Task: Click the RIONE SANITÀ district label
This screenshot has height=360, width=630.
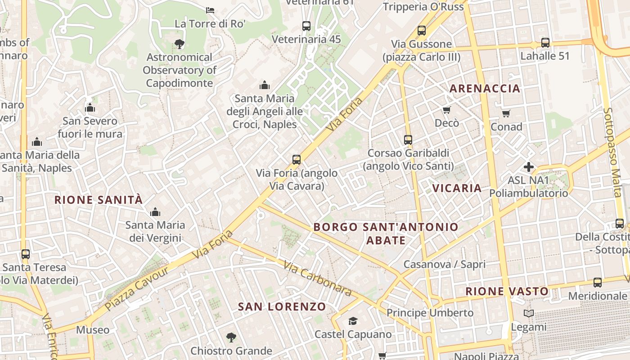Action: [x=98, y=200]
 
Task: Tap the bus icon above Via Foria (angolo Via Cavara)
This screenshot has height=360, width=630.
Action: [x=296, y=159]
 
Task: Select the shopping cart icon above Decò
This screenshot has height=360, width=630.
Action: [x=446, y=110]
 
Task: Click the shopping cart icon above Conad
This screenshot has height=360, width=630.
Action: [x=506, y=113]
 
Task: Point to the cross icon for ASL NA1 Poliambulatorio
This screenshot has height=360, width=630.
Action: [x=528, y=167]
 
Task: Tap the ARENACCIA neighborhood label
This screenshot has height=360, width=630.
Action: [x=485, y=88]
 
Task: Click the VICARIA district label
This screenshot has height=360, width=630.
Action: [x=457, y=188]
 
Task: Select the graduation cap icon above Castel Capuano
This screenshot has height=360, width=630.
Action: [x=353, y=321]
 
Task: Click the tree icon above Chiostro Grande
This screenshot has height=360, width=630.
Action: [x=231, y=337]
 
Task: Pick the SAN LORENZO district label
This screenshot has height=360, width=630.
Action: [x=282, y=307]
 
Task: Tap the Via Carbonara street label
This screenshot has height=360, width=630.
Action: [x=318, y=279]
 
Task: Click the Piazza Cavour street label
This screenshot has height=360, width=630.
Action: [x=137, y=288]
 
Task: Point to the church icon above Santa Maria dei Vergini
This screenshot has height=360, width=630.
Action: [x=155, y=211]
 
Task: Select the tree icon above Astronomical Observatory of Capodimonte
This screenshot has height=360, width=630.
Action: [x=179, y=44]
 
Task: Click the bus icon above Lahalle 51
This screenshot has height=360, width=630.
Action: [x=545, y=43]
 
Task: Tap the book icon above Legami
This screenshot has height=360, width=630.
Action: [x=529, y=313]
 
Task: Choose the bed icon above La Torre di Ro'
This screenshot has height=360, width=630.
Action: [x=210, y=10]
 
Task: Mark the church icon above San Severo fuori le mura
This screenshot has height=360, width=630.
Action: [x=90, y=108]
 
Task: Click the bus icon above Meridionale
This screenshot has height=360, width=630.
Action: [x=597, y=283]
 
